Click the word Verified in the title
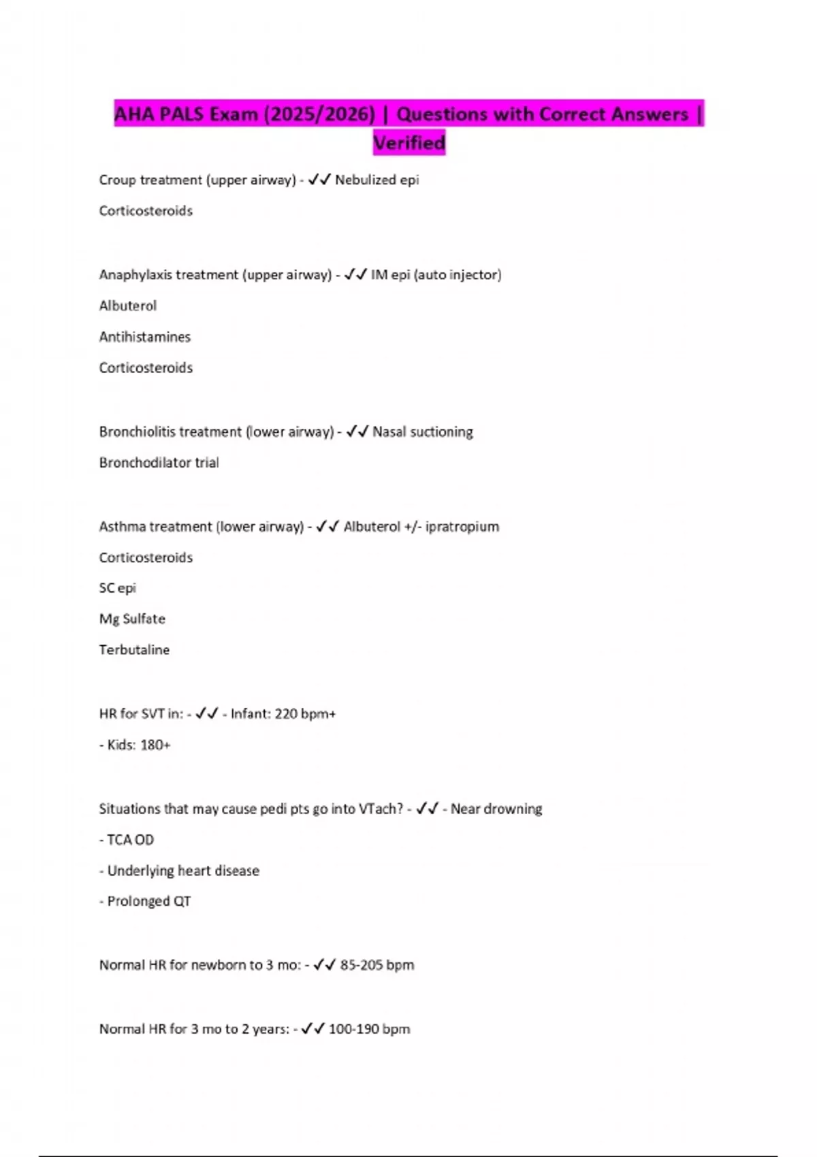point(409,143)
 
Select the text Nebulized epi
point(377,180)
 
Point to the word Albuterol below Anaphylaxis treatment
point(128,306)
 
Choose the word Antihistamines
point(145,337)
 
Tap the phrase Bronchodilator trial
point(159,463)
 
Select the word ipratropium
point(462,527)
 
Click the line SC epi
point(118,588)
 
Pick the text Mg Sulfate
point(132,619)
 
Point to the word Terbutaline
point(134,650)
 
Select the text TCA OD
point(130,840)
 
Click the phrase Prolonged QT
point(149,901)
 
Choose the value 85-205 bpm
point(377,965)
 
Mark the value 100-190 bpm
point(369,1029)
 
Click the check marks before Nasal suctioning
point(357,431)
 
